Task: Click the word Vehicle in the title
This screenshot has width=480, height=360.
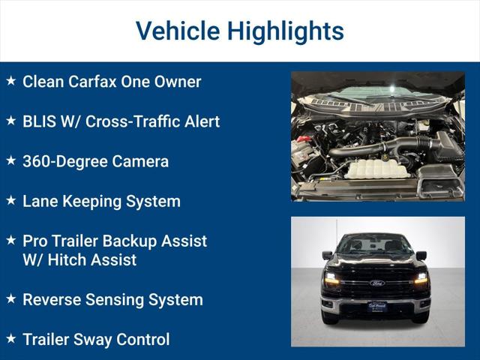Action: (x=177, y=31)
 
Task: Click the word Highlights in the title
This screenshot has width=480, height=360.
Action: (x=286, y=31)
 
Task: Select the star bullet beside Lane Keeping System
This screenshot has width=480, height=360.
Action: (x=10, y=200)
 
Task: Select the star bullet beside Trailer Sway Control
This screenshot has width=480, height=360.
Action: (x=10, y=339)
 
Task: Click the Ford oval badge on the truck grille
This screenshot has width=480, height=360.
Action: (x=376, y=283)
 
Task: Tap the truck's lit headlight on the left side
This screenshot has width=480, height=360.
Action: (x=332, y=279)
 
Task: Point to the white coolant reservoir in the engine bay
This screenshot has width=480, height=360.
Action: (x=376, y=168)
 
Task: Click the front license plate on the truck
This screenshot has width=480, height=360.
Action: (x=376, y=307)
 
